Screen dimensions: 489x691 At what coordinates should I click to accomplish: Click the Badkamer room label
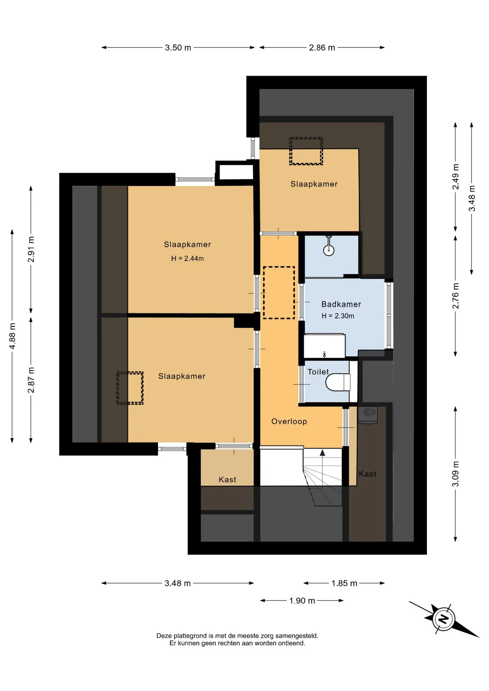341,304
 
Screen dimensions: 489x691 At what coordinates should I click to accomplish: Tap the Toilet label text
318,372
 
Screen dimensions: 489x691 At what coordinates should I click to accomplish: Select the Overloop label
289,421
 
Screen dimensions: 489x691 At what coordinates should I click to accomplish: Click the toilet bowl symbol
338,382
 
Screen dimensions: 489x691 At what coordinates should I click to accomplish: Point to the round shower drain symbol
329,250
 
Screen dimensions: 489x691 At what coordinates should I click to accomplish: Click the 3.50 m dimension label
178,48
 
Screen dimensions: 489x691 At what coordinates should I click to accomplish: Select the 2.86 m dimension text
322,48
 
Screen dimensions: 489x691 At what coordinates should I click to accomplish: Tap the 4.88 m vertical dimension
12,336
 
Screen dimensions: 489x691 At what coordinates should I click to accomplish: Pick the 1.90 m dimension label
302,601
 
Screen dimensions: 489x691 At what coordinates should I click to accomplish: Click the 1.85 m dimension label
344,583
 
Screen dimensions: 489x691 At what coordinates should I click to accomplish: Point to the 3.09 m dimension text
456,474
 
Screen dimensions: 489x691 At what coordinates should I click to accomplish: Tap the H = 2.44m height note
187,258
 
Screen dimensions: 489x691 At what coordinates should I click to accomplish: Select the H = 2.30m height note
338,316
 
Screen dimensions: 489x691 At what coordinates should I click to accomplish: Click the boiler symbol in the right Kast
368,415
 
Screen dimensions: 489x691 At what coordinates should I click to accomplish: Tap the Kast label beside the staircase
367,474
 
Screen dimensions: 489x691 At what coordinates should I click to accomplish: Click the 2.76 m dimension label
456,295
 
